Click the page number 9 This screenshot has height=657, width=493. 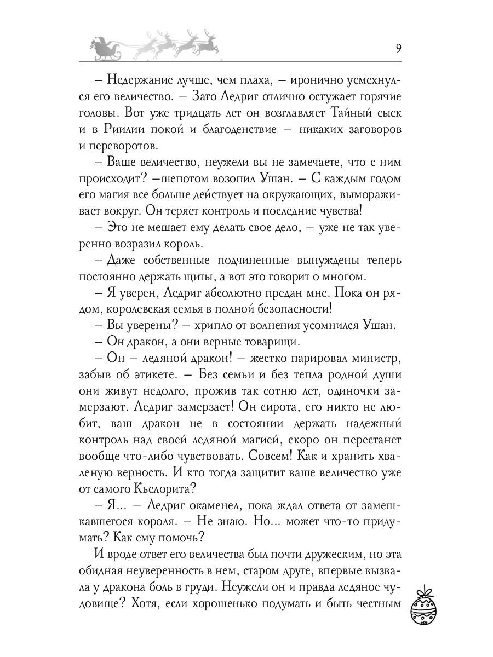(x=399, y=47)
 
